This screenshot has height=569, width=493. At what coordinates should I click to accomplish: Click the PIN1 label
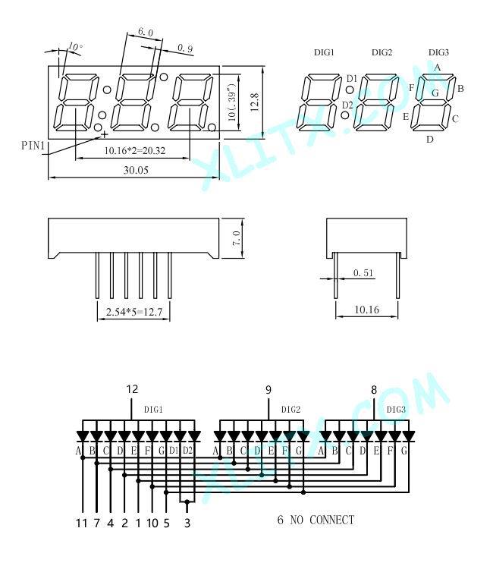pyautogui.click(x=33, y=146)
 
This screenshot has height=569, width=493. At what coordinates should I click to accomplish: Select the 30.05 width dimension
pyautogui.click(x=136, y=170)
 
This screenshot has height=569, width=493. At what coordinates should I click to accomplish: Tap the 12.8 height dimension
pyautogui.click(x=254, y=102)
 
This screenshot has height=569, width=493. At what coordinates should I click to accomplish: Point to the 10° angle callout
pyautogui.click(x=75, y=46)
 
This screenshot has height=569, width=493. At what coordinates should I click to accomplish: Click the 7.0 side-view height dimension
pyautogui.click(x=236, y=238)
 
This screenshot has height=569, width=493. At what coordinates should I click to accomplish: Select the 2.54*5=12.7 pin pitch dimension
pyautogui.click(x=133, y=312)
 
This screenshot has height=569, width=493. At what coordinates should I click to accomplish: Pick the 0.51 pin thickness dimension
pyautogui.click(x=363, y=273)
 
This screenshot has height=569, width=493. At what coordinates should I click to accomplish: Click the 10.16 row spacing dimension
pyautogui.click(x=366, y=310)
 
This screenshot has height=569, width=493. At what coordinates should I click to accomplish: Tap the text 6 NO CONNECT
pyautogui.click(x=316, y=520)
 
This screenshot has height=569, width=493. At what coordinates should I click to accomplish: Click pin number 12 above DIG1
pyautogui.click(x=132, y=389)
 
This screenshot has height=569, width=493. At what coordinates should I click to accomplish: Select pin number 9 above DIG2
pyautogui.click(x=268, y=390)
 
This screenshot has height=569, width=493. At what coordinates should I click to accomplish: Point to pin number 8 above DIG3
pyautogui.click(x=374, y=390)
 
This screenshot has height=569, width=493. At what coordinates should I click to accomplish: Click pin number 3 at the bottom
pyautogui.click(x=187, y=523)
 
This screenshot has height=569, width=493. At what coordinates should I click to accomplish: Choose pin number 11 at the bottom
pyautogui.click(x=82, y=523)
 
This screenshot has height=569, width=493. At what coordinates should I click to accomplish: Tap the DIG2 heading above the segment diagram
pyautogui.click(x=382, y=52)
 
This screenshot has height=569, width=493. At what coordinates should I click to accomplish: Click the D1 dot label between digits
pyautogui.click(x=352, y=78)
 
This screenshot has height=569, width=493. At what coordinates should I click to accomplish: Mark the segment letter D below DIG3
pyautogui.click(x=430, y=140)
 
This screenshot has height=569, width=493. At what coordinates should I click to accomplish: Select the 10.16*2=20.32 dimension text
pyautogui.click(x=135, y=151)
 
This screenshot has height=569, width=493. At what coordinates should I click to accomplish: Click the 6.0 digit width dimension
pyautogui.click(x=146, y=32)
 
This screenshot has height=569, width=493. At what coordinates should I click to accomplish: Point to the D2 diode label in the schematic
pyautogui.click(x=187, y=451)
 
